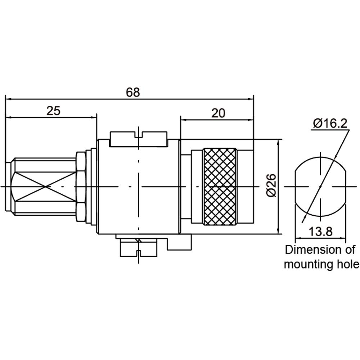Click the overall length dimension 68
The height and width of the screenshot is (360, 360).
pos(133,92)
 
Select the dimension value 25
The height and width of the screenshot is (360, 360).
pos(53,111)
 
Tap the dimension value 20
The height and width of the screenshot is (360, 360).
pos(218,113)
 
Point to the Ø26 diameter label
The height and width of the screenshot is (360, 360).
pos(271,185)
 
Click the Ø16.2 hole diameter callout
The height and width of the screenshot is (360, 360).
pos(330,124)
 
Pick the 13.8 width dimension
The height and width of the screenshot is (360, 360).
pos(320,231)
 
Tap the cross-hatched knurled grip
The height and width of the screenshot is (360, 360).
pos(220,186)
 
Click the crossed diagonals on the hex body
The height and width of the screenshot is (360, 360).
pos(45,186)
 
